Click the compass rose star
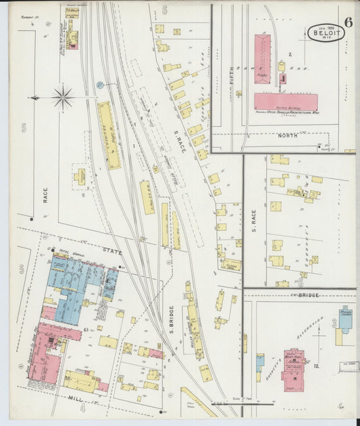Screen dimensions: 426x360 (62, 98)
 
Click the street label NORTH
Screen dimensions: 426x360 (288, 135)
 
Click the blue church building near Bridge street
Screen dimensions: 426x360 (345, 319)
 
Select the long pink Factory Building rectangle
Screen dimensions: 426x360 (286, 102)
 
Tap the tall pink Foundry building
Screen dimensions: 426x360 (262, 59)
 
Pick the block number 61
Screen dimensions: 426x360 (86, 329)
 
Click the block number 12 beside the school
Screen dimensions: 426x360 (315, 365)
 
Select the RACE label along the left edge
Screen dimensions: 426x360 (46, 196)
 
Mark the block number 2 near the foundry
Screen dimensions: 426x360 (290, 53)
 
